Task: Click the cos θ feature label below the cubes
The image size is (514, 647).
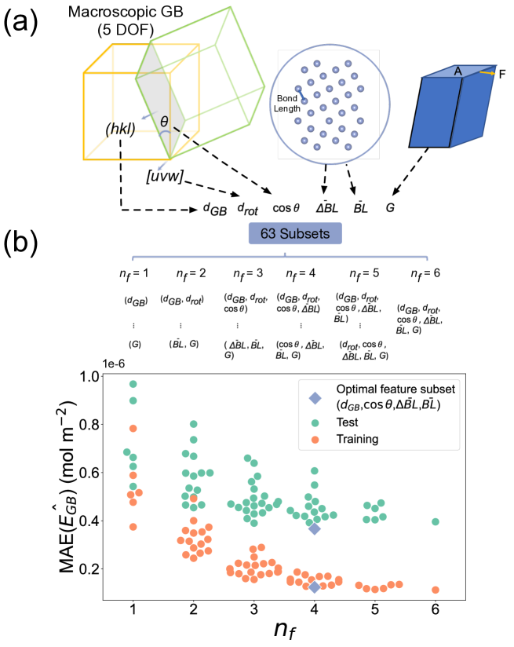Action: point(286,210)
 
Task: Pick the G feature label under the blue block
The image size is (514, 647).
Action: point(390,210)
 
